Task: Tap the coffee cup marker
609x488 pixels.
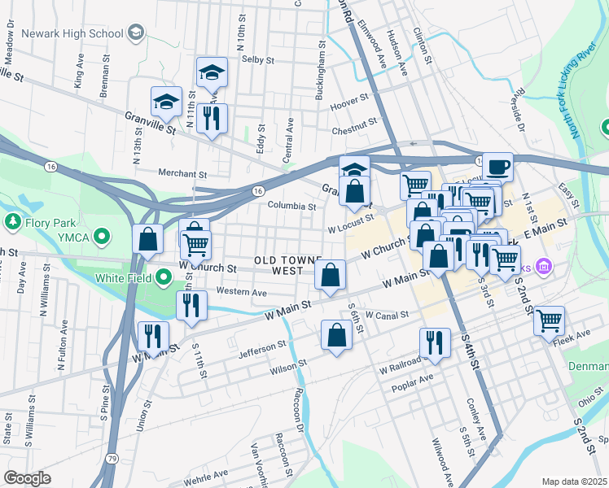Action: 497,168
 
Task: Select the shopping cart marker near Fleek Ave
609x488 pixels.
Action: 550,320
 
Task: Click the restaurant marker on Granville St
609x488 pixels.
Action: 212,118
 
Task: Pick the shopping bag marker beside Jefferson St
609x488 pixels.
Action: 336,335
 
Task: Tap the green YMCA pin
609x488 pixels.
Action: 101,237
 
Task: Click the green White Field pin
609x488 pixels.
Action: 164,278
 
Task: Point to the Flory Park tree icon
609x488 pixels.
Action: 13,221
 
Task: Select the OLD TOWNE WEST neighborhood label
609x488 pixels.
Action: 282,264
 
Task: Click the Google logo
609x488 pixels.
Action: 28,477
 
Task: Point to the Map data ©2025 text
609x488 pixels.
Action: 574,481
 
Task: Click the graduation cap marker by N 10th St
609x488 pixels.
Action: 212,73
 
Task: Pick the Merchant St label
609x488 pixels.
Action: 182,173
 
